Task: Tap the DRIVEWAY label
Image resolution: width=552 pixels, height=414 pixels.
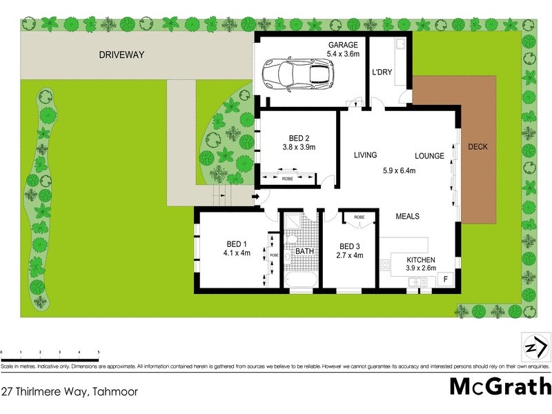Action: (x=121, y=55)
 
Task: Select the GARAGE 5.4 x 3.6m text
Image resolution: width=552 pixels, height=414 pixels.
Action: (x=343, y=49)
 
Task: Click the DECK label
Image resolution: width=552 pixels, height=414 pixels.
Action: (x=478, y=147)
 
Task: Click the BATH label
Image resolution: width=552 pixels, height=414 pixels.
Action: (x=304, y=251)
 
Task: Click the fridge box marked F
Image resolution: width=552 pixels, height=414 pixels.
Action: (x=446, y=280)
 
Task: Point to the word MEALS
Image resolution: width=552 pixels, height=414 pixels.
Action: (x=407, y=216)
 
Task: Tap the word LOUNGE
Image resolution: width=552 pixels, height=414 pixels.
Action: (x=429, y=156)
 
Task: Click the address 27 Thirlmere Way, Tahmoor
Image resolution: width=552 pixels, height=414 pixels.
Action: (x=69, y=391)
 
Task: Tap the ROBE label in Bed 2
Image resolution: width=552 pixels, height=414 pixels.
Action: (x=287, y=179)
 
